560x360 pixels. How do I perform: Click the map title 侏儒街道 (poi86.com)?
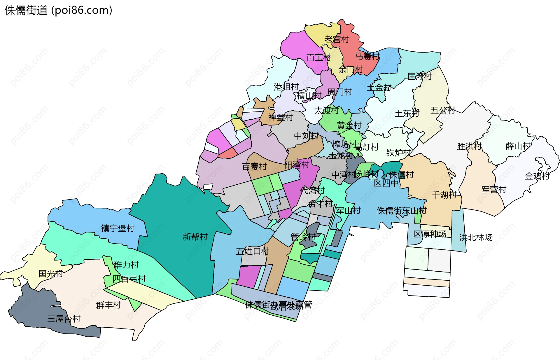[x=58, y=11]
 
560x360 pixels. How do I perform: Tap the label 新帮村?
[x=195, y=237]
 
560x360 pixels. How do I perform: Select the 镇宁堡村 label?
[x=118, y=228]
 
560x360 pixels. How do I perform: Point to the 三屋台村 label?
[x=64, y=319]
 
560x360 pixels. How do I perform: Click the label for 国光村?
[x=51, y=274]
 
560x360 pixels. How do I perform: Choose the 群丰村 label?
[x=108, y=305]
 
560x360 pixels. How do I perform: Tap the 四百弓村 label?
[x=129, y=279]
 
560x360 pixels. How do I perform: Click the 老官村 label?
[x=337, y=39]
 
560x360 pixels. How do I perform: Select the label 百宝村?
[x=319, y=57]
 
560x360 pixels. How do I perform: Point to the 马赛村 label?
[x=367, y=56]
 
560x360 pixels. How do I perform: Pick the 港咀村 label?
[x=286, y=87]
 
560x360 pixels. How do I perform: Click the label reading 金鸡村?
[x=537, y=176]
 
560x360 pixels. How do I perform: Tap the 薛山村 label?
[x=518, y=146]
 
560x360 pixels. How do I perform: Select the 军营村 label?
[x=494, y=190]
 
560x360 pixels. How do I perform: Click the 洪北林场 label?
[x=476, y=237]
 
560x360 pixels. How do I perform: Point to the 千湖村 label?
[x=444, y=195]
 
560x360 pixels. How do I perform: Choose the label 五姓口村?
[x=252, y=251]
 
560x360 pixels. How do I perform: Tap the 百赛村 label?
[x=255, y=167]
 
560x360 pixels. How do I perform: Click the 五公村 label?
[x=443, y=110]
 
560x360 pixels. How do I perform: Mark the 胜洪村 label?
[x=469, y=146]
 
